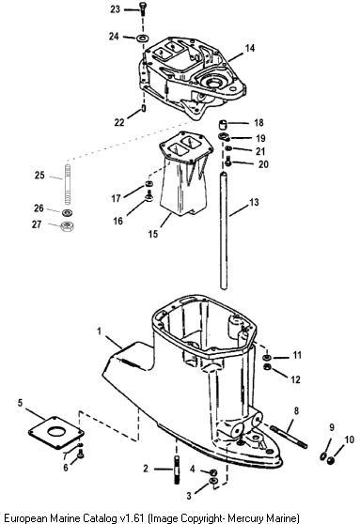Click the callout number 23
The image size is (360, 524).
(x=115, y=9)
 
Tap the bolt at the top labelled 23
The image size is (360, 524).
(x=143, y=8)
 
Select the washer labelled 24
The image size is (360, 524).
(x=143, y=38)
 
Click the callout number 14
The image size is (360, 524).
(x=250, y=48)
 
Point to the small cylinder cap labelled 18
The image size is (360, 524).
(x=223, y=124)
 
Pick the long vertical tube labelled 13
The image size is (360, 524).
(x=224, y=230)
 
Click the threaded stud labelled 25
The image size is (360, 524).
(x=68, y=185)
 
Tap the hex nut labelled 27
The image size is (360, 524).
(x=68, y=226)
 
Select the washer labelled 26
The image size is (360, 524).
(x=68, y=212)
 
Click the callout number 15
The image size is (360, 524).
(x=153, y=234)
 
